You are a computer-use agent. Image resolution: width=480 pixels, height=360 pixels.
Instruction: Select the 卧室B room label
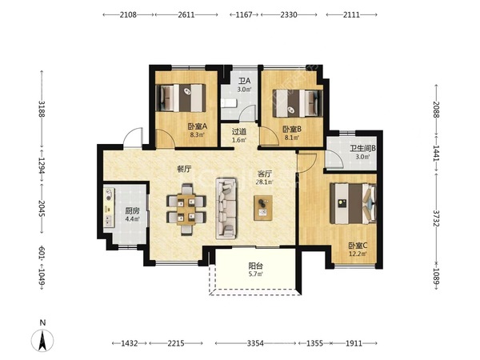pos(292,129)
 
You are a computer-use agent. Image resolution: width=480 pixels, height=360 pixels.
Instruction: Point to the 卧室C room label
pos(358,246)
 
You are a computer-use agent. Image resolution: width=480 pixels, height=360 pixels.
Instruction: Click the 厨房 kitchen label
pos(132,211)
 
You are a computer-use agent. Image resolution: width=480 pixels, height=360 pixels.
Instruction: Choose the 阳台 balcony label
pos(256,266)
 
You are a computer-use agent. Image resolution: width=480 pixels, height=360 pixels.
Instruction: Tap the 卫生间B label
pos(362,149)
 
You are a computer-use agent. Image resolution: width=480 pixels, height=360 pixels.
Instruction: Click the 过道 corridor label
pos(239,132)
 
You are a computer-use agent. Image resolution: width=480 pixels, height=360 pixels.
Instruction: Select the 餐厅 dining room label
pos(184,169)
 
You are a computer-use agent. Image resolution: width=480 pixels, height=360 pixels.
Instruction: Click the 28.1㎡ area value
pos(265,182)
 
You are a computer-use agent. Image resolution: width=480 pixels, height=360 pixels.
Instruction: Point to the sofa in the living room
pos(226,209)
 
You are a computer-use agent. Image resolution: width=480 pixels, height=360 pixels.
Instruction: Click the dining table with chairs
pos(186,209)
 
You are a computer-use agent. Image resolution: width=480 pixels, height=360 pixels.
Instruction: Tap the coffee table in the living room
pos(263,207)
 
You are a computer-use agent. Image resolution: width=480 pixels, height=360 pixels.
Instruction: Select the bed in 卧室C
pos(353,203)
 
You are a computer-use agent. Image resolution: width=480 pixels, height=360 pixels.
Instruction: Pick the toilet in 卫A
pos(229,103)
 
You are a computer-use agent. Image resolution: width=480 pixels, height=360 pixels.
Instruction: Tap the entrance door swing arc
pos(132,134)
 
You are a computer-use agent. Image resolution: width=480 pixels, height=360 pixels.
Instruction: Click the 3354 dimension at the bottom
pos(255,343)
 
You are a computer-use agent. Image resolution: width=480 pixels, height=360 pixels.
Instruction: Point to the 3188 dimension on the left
pos(42,110)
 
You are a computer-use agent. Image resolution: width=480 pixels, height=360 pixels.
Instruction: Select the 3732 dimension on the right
pos(436,218)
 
